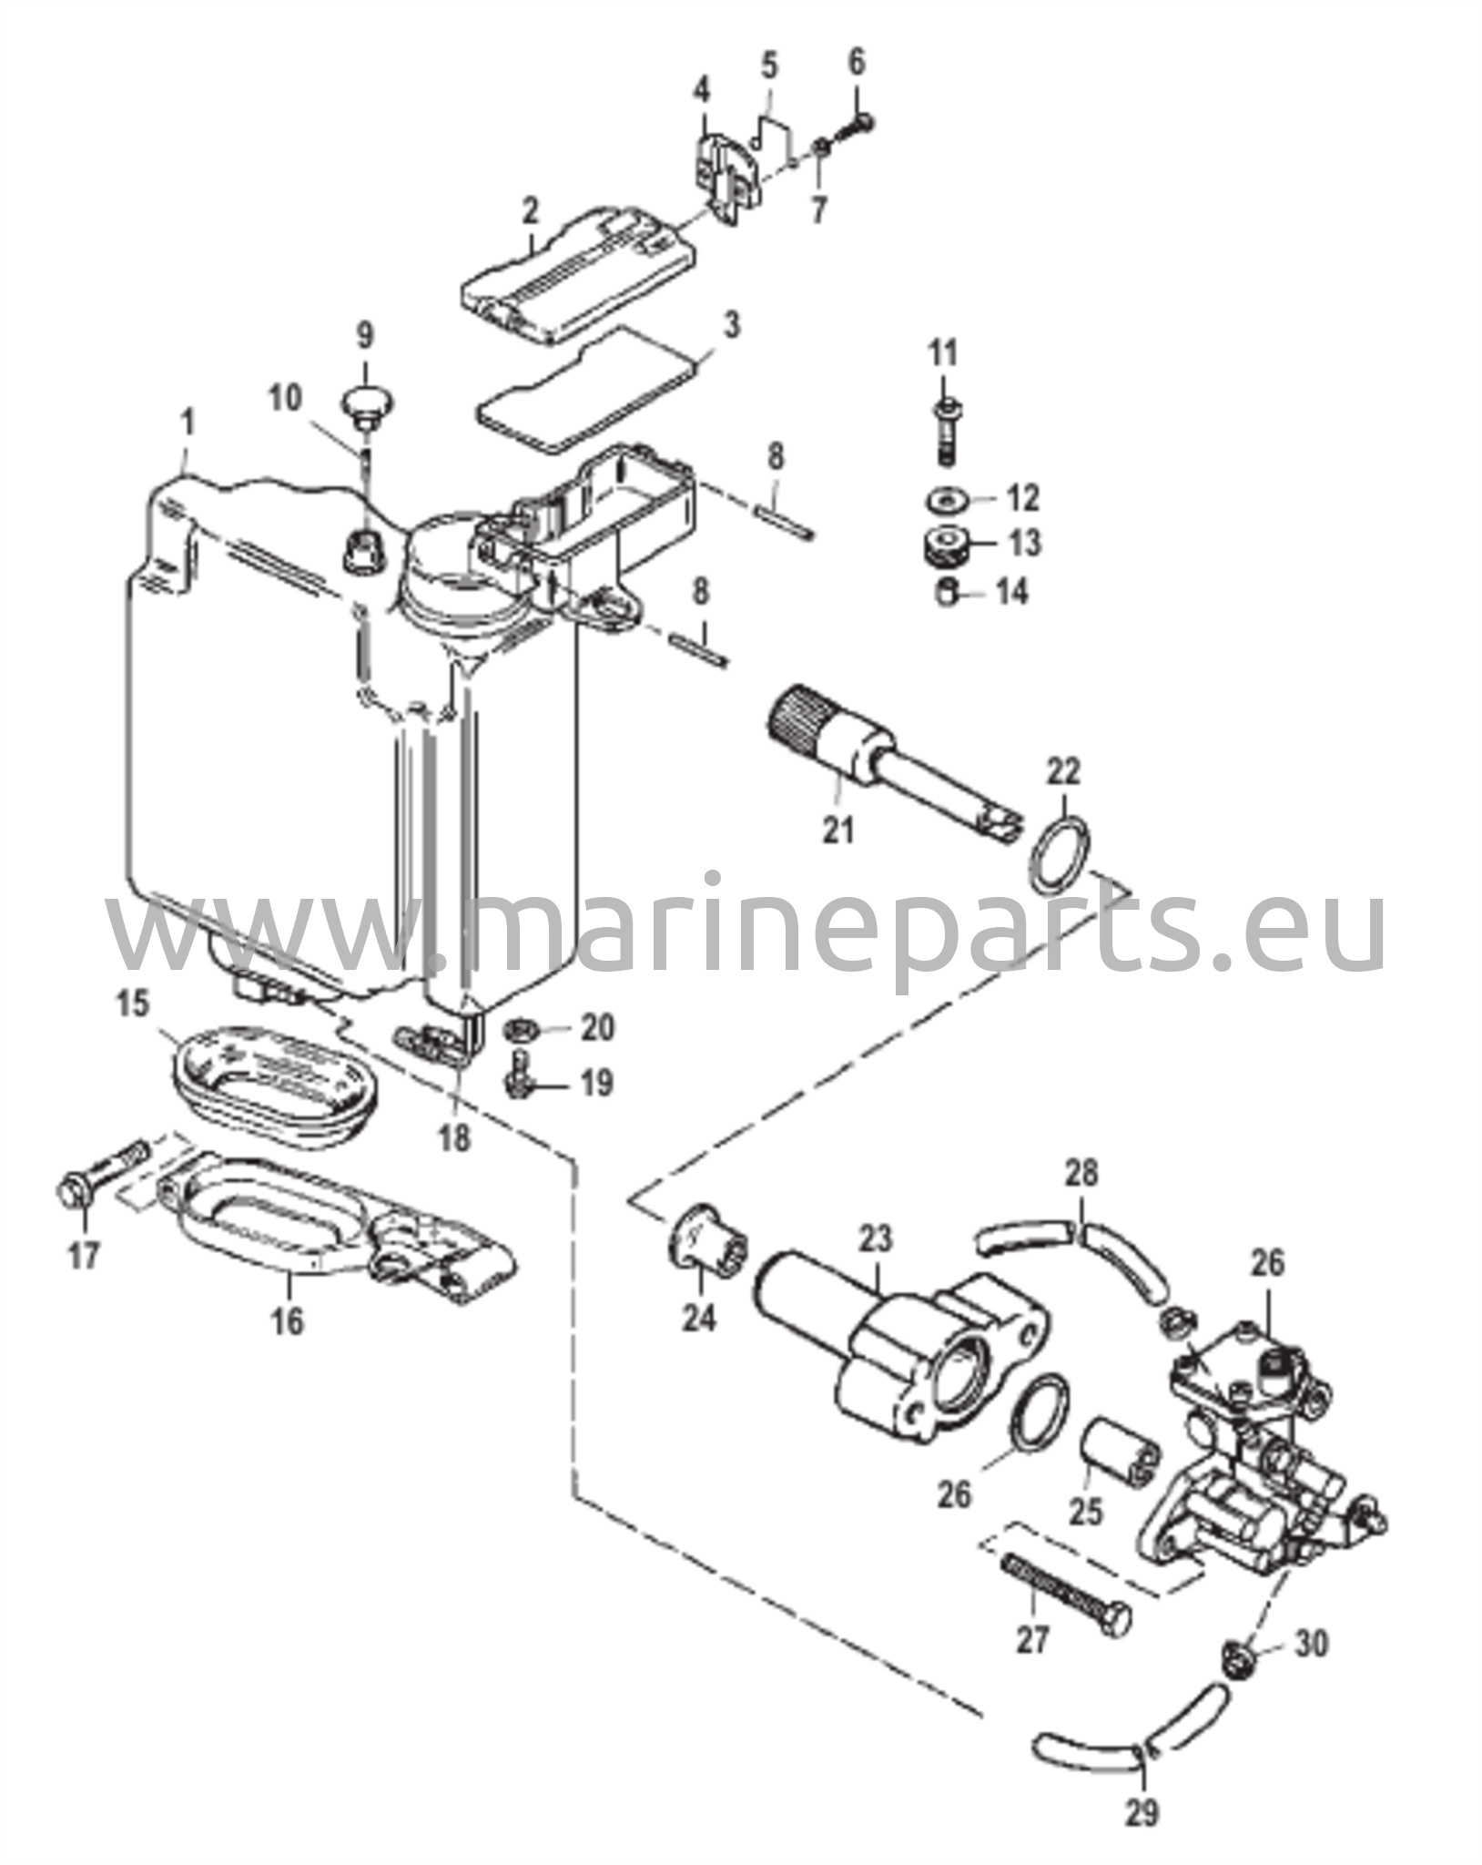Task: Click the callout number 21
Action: pyautogui.click(x=838, y=830)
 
